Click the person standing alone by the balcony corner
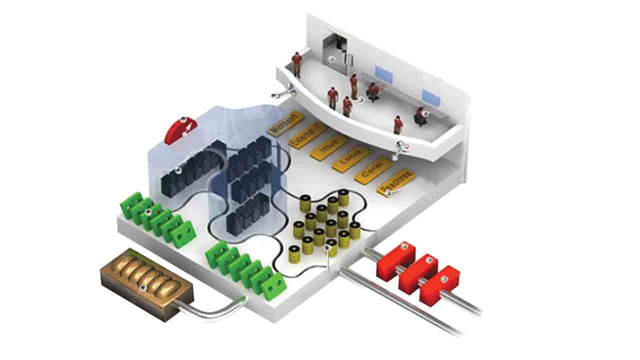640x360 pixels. tap(297, 64)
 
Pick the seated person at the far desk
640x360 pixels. tap(420, 116)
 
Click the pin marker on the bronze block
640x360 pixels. tap(143, 286)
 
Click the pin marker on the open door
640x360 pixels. tap(331, 59)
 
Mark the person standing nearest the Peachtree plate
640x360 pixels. tap(398, 124)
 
